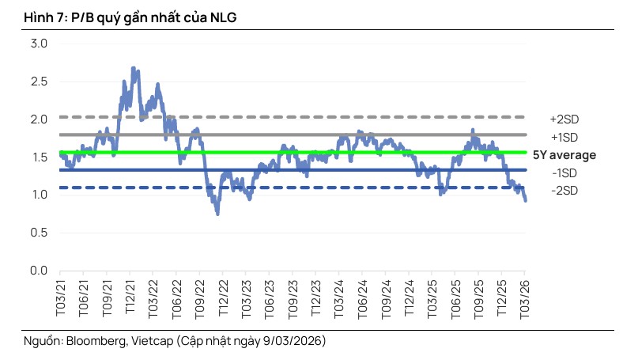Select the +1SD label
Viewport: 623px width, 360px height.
tap(564, 136)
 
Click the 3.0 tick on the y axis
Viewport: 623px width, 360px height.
tap(39, 43)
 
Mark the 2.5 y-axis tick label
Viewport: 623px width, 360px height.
tap(39, 81)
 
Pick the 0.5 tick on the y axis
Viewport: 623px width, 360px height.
tap(39, 233)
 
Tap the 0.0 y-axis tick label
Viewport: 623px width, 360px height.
tap(39, 271)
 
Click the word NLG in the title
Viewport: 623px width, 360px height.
tap(224, 16)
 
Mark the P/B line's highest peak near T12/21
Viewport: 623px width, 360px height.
tap(133, 68)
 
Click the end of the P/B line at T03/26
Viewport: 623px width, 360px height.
tap(526, 200)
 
